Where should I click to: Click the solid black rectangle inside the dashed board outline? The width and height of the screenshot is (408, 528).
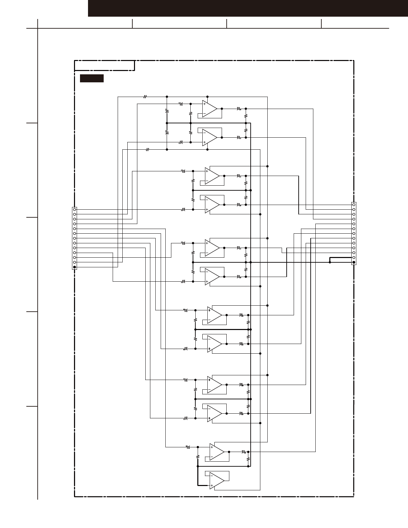click(x=92, y=79)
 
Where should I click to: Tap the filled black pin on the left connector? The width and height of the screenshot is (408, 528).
click(x=75, y=267)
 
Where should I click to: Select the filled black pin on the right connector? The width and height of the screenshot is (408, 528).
click(x=354, y=262)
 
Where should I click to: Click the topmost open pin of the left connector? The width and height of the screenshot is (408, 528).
click(x=75, y=209)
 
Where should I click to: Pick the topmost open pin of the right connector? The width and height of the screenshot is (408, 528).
click(x=354, y=205)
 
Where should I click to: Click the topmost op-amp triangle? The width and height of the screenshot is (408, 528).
click(x=209, y=109)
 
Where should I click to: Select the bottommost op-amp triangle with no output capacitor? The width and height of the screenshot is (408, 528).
click(x=217, y=481)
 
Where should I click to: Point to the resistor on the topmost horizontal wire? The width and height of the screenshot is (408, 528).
click(x=145, y=97)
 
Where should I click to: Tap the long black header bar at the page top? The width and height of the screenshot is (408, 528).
click(x=248, y=8)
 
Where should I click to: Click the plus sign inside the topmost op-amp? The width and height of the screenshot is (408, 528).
click(x=204, y=104)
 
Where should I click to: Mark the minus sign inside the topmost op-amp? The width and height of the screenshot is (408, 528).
click(x=204, y=114)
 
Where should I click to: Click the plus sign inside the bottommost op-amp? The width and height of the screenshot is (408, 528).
click(x=212, y=486)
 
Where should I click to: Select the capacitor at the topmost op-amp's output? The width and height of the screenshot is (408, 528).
click(x=239, y=109)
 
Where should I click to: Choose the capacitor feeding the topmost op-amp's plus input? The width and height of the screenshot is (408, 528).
click(x=181, y=104)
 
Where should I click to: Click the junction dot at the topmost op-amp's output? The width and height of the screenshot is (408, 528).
click(x=222, y=109)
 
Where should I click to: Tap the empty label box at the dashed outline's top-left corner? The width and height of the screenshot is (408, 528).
click(x=104, y=66)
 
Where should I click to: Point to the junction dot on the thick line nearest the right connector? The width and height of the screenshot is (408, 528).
click(x=330, y=262)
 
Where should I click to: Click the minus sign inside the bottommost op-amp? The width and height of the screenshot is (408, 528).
click(x=212, y=476)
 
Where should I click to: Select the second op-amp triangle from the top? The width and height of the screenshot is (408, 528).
click(x=209, y=137)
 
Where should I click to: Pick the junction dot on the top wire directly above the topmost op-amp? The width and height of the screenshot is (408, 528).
click(x=207, y=97)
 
